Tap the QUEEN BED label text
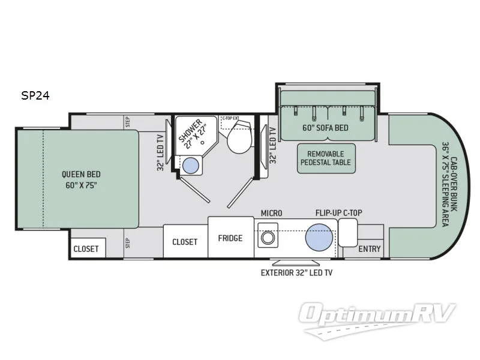pos(80,179)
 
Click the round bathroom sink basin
pos(191,164)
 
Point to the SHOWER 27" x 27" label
pos(193,133)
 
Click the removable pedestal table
pos(326,158)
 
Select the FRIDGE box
pos(230,238)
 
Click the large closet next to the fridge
pos(185,242)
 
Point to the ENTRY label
pos(370,249)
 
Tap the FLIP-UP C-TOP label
pos(339,213)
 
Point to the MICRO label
pos(271,213)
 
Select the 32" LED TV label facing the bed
pos(160,153)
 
